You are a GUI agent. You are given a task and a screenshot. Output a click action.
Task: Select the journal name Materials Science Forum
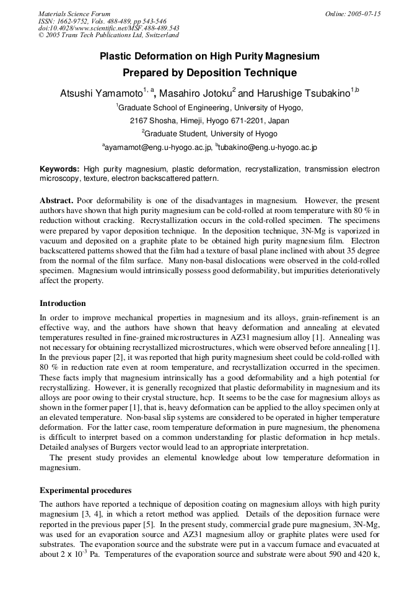tap(74, 14)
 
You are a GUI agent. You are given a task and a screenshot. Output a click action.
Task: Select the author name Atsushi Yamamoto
tap(102, 94)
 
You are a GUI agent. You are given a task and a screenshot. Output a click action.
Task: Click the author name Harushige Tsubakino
tap(303, 94)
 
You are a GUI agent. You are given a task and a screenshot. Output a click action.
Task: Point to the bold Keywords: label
tap(59, 169)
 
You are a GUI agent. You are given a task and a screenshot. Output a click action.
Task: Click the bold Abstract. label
tap(57, 201)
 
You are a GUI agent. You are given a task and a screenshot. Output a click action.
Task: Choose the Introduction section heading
tap(63, 304)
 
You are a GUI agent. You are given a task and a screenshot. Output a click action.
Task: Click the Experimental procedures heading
tap(85, 490)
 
